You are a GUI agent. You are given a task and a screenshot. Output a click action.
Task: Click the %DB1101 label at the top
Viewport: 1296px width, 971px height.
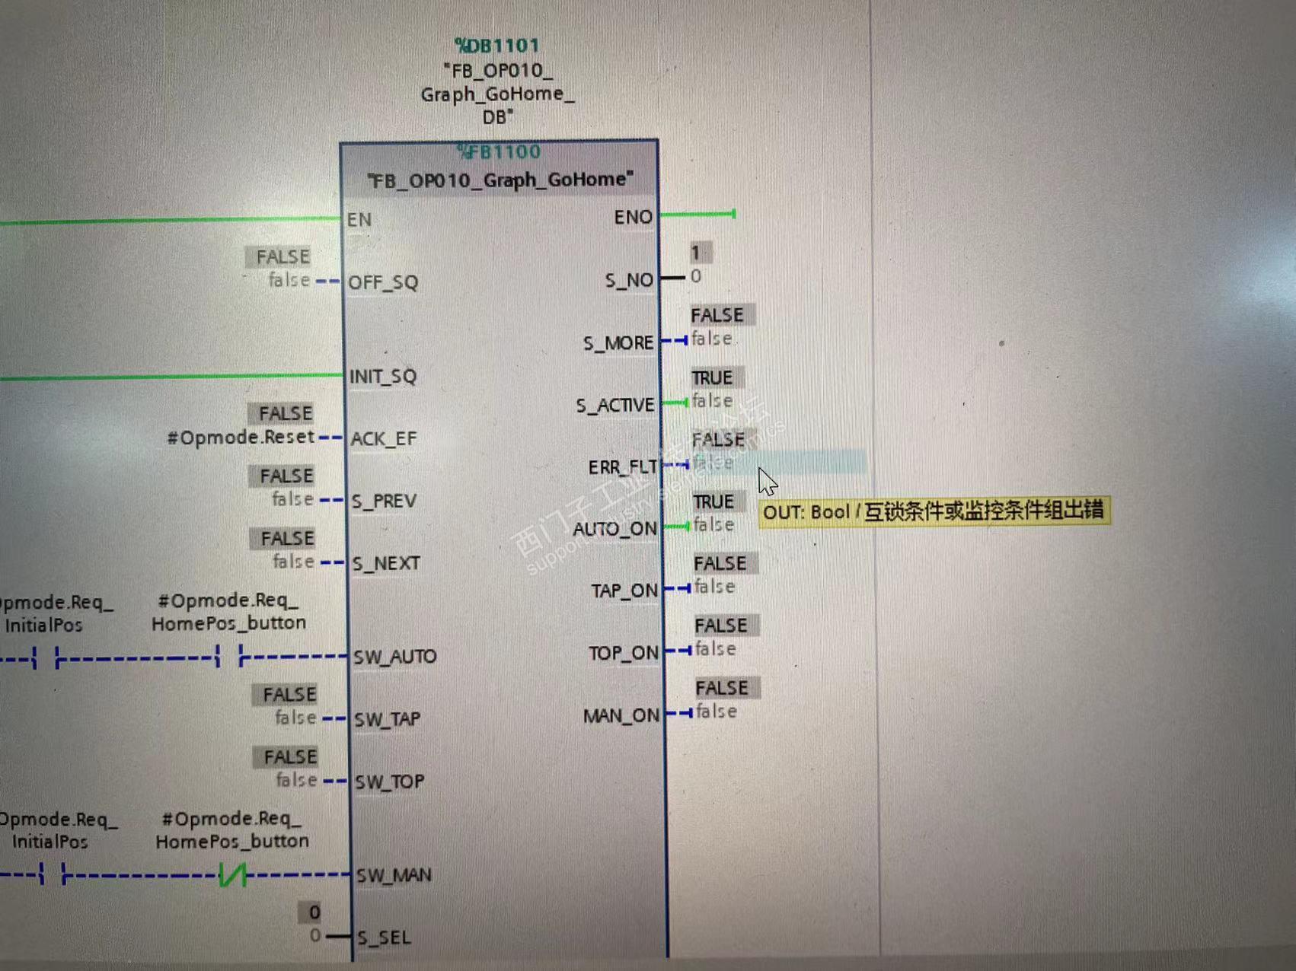click(x=497, y=46)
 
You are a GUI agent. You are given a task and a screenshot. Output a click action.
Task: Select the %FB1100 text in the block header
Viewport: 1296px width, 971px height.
click(x=500, y=151)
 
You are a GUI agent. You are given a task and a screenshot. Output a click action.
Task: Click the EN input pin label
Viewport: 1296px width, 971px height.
click(x=359, y=220)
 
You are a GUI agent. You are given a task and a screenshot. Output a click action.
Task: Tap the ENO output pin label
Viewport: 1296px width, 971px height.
click(x=633, y=218)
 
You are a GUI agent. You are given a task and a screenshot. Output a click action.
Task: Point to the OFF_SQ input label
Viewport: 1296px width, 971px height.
click(x=383, y=282)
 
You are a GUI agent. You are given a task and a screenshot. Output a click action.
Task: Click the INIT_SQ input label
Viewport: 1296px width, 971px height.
click(x=383, y=376)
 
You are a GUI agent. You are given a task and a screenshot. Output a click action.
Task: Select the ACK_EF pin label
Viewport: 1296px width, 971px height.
click(x=384, y=439)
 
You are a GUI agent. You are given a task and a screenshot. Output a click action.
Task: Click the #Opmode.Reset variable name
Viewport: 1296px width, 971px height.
click(x=241, y=438)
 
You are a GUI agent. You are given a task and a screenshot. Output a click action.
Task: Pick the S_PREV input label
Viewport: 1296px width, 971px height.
click(x=384, y=501)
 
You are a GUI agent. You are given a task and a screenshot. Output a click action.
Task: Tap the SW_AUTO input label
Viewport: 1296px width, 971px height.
click(x=394, y=657)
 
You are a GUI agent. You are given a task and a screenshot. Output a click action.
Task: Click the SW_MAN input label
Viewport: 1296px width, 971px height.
click(x=394, y=875)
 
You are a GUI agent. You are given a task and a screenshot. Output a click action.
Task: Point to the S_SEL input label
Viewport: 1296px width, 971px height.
click(x=385, y=938)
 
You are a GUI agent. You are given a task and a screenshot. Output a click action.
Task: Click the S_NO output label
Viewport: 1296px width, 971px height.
click(x=629, y=281)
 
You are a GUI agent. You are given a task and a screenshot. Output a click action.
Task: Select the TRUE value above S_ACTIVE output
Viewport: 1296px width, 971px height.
click(x=712, y=377)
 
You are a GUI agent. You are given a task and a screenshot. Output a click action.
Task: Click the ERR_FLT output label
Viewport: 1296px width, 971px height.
click(x=622, y=466)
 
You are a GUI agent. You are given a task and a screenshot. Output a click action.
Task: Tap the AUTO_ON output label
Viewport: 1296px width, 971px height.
click(x=615, y=529)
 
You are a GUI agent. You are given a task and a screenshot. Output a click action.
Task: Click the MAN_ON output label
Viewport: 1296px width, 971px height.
click(x=621, y=716)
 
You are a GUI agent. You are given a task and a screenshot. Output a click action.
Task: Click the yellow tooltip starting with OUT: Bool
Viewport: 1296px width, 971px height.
click(x=934, y=511)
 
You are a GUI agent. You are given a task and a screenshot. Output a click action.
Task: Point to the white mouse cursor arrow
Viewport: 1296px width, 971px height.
click(x=767, y=482)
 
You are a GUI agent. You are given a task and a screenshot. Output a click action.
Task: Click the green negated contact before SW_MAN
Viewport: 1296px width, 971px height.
click(x=232, y=875)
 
